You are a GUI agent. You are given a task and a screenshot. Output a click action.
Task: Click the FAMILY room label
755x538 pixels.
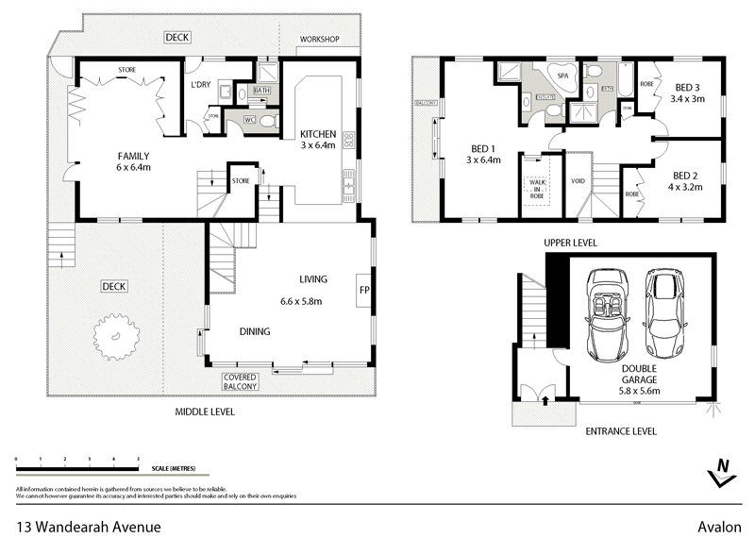[x=134, y=157]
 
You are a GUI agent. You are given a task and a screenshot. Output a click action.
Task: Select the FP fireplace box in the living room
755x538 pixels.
[x=363, y=290]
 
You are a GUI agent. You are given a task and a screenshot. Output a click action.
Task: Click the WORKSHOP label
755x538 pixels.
[x=319, y=40]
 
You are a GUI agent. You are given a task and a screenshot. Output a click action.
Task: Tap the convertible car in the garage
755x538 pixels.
[x=609, y=315]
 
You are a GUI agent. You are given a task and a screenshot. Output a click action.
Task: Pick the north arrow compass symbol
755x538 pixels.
[x=722, y=470]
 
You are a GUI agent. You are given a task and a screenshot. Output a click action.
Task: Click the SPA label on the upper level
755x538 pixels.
[x=562, y=75]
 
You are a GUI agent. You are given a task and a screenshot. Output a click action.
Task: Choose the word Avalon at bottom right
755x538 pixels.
[x=720, y=526]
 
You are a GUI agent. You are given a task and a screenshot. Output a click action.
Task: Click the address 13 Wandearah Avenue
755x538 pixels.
[x=88, y=526]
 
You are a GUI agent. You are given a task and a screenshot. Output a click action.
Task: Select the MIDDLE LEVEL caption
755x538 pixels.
[x=205, y=412]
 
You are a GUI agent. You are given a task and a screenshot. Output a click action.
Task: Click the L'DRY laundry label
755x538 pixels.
[x=199, y=84]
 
